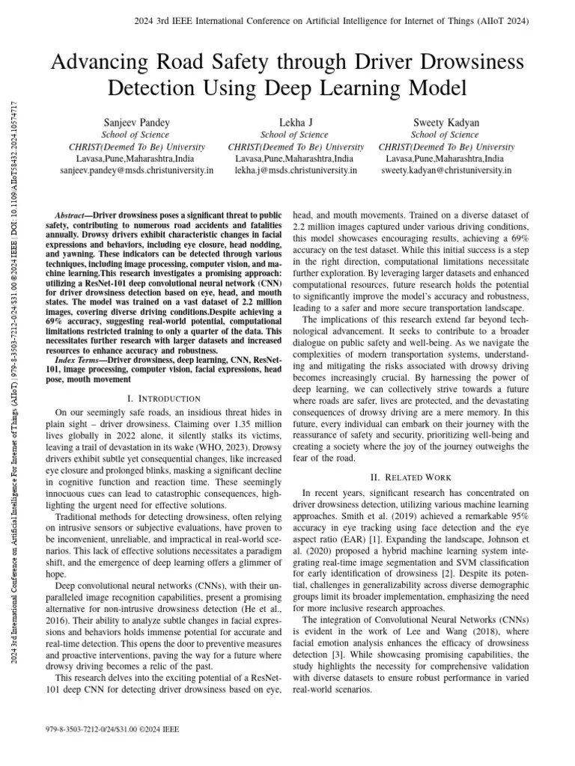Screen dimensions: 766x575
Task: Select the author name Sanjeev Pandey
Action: pyautogui.click(x=136, y=122)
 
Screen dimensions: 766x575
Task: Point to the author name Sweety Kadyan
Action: pyautogui.click(x=445, y=122)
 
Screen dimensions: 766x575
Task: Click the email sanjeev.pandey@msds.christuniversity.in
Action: pyautogui.click(x=136, y=171)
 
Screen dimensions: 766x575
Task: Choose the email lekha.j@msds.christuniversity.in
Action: pyautogui.click(x=296, y=171)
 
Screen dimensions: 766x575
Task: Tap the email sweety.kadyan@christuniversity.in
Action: pyautogui.click(x=446, y=171)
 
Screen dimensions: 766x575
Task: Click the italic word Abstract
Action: pyautogui.click(x=74, y=214)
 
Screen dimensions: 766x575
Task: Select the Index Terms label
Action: pyautogui.click(x=76, y=361)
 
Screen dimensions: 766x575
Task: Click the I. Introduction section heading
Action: pyautogui.click(x=164, y=399)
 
